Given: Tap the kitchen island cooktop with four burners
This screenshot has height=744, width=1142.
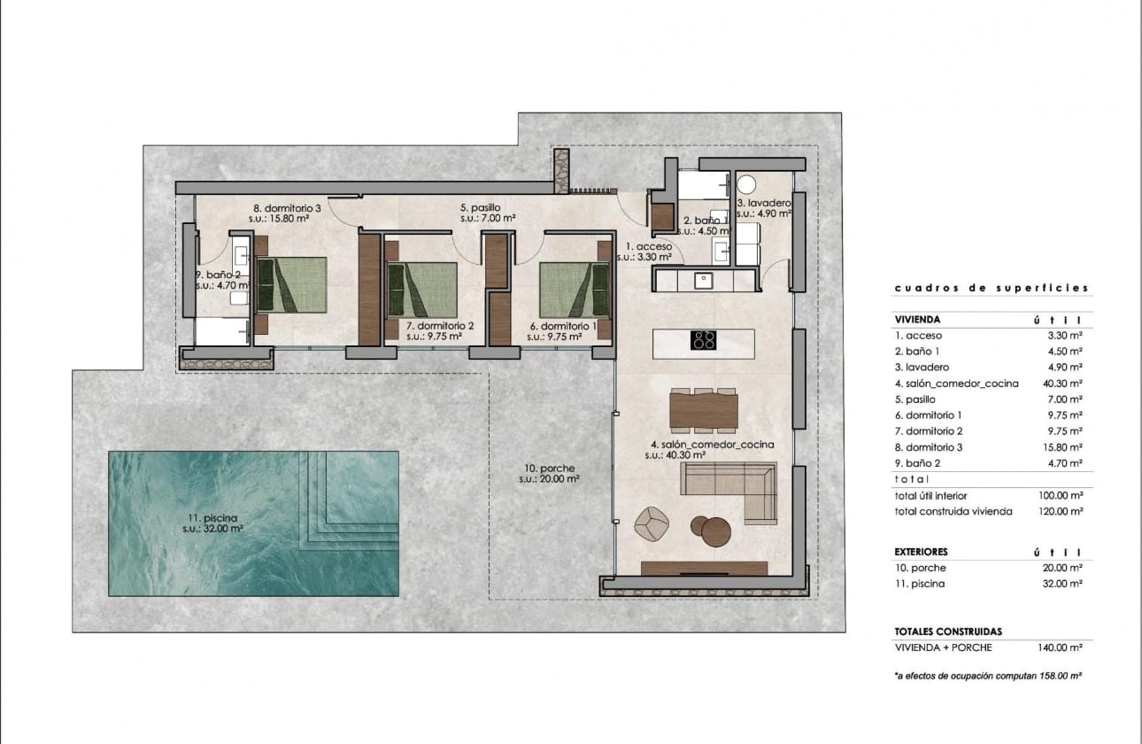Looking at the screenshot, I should tap(704, 340).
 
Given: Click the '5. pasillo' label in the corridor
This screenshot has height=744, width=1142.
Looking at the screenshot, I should tap(480, 208).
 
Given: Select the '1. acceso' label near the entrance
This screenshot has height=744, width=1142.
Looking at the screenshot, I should tap(649, 246).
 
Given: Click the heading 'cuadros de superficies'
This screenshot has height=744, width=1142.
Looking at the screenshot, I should tap(992, 288).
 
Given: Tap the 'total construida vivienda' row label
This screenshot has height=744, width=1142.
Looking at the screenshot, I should tap(953, 511).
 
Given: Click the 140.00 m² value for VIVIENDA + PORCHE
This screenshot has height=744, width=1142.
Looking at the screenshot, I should tap(1061, 647).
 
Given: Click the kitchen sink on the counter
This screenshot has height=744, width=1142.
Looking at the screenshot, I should tap(705, 281).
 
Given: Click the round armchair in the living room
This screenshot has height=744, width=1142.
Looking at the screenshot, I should tap(653, 523).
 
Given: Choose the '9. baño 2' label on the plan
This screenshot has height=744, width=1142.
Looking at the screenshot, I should tap(217, 275).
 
